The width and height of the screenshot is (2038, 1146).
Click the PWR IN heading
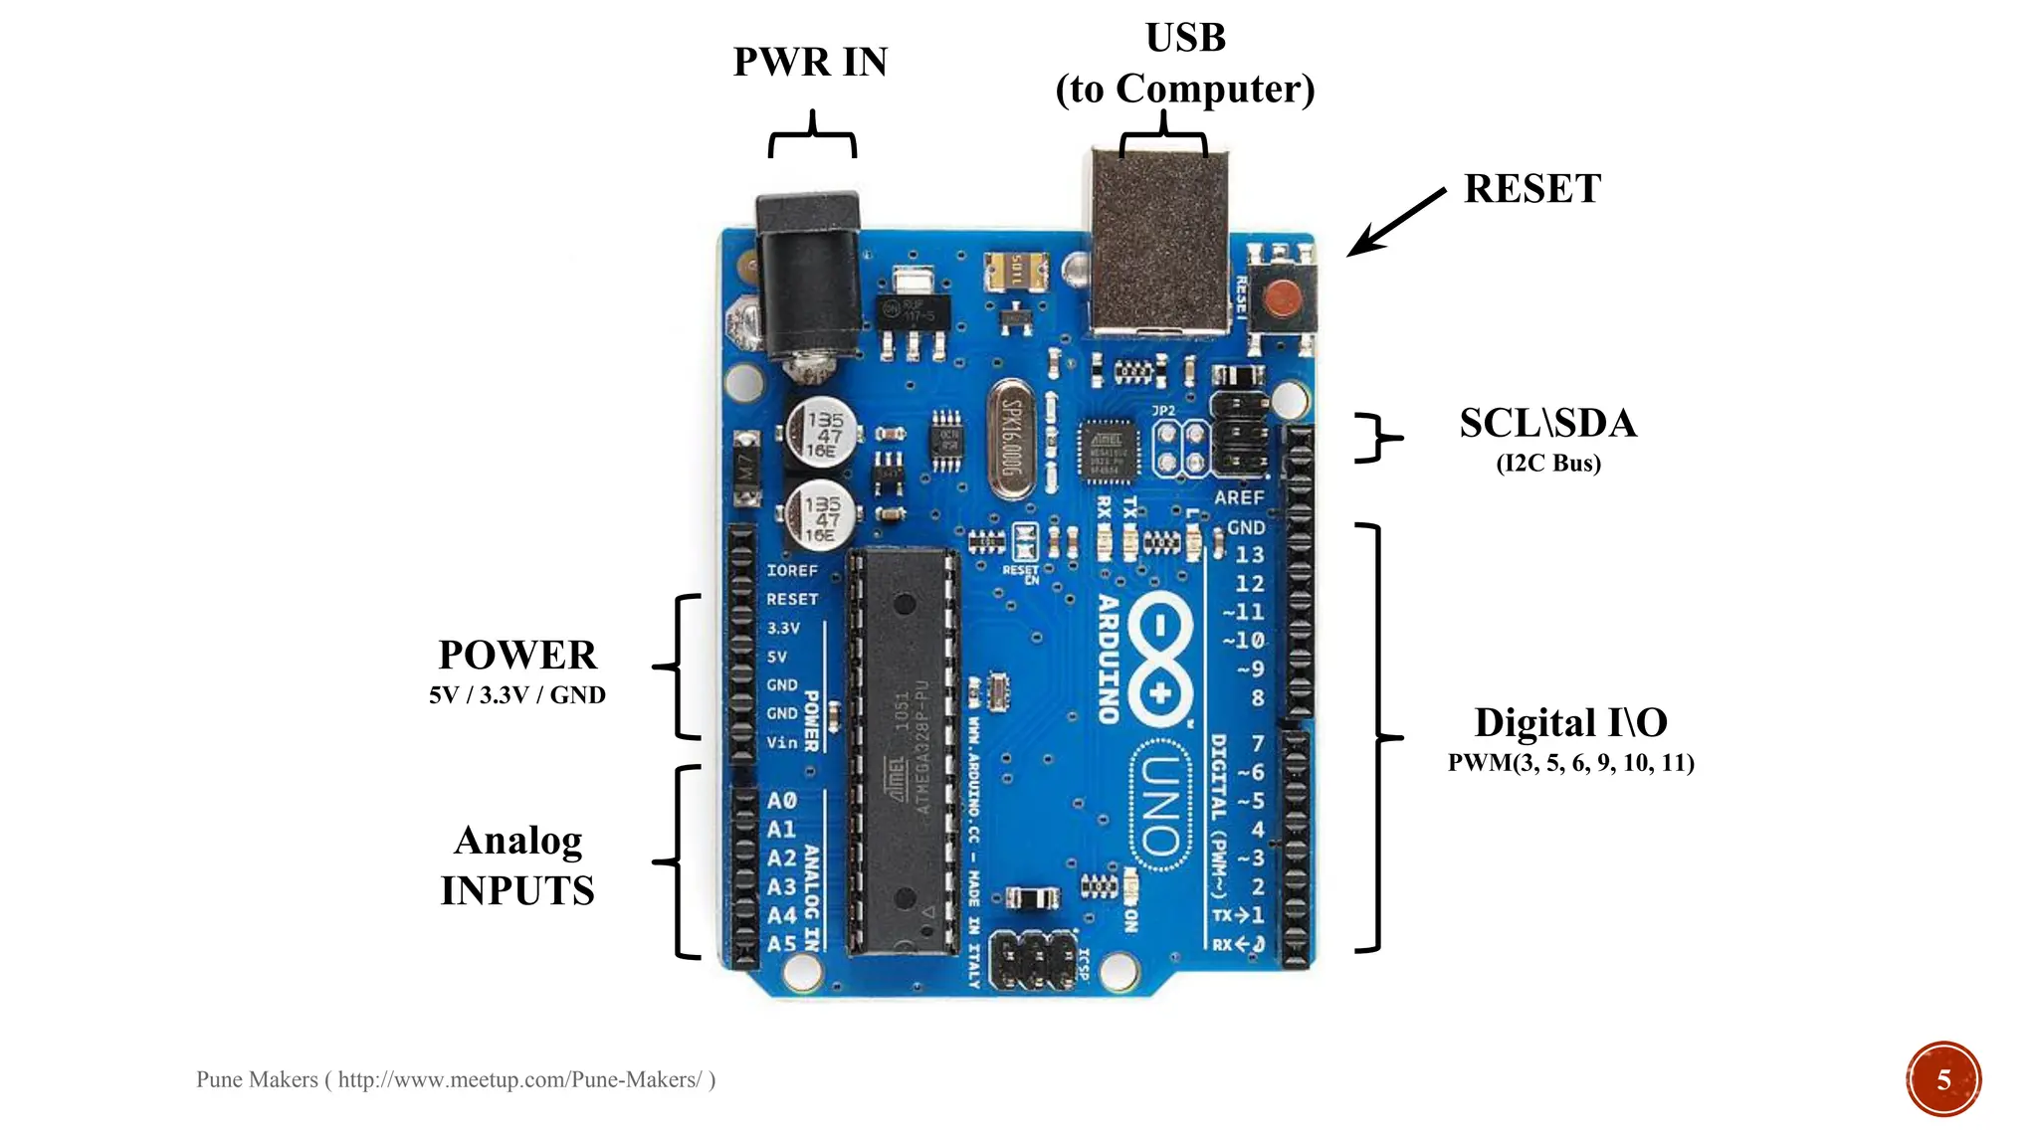(810, 62)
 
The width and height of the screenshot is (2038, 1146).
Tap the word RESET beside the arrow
(1531, 189)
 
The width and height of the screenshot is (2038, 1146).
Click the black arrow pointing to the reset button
(1395, 222)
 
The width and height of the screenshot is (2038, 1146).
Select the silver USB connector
(1159, 244)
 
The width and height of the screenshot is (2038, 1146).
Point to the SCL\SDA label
(1547, 424)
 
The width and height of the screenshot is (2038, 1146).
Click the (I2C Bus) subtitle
(1548, 464)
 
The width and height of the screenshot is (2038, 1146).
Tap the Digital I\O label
(1570, 723)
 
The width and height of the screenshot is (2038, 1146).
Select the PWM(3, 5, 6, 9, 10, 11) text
(1570, 763)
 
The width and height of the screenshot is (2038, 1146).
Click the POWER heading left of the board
(517, 656)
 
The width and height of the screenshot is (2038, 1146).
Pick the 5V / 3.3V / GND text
(517, 695)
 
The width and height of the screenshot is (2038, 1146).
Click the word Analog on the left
(517, 842)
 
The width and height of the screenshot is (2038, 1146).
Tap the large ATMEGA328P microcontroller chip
(904, 751)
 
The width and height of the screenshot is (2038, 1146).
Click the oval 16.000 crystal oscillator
(1011, 439)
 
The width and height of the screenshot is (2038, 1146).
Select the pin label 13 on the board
(1249, 554)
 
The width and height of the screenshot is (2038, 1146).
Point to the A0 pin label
(781, 801)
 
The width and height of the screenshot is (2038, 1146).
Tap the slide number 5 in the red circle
(1942, 1079)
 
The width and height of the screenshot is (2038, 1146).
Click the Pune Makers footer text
(455, 1080)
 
